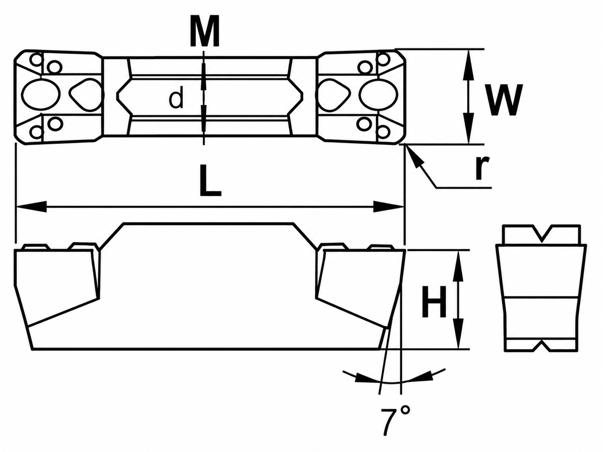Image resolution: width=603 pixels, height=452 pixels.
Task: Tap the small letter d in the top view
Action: pyautogui.click(x=176, y=97)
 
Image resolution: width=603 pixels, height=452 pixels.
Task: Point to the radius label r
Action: pyautogui.click(x=482, y=168)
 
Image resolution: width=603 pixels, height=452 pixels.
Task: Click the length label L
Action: pyautogui.click(x=210, y=181)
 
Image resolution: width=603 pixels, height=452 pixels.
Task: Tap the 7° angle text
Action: pyautogui.click(x=395, y=426)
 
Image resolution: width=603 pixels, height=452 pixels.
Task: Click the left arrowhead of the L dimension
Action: pyautogui.click(x=32, y=206)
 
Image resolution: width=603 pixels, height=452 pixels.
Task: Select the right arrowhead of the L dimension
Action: pyautogui.click(x=389, y=206)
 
